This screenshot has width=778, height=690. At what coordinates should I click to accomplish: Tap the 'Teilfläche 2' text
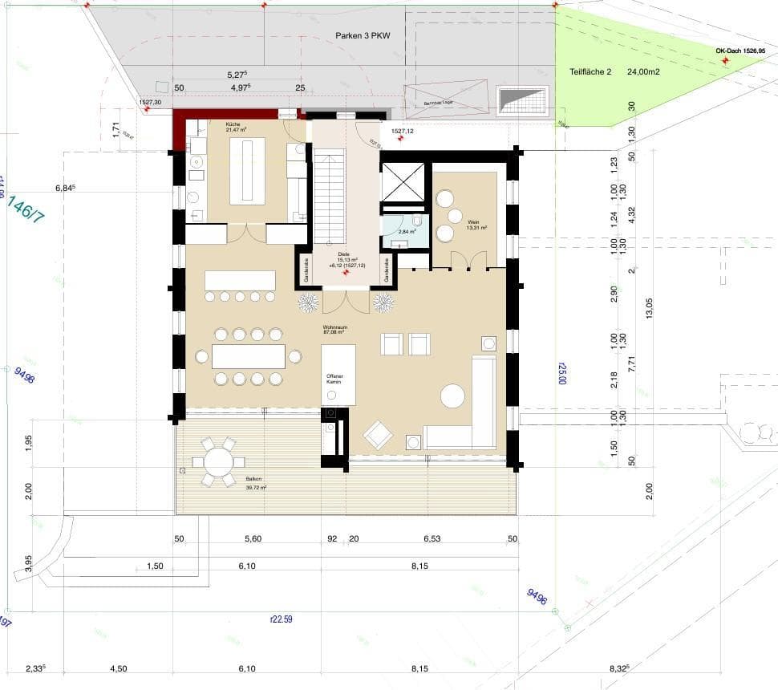click(x=590, y=71)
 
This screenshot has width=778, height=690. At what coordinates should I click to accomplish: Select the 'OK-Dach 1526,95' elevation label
click(x=740, y=51)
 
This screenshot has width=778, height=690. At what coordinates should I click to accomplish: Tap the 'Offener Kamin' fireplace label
click(x=334, y=379)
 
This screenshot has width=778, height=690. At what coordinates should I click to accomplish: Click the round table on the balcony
click(x=217, y=462)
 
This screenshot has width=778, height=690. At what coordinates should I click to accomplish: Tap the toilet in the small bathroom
click(x=416, y=221)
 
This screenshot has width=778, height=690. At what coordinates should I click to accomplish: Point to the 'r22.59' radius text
click(x=282, y=618)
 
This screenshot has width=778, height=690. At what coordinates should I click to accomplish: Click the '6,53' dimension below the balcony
click(x=432, y=539)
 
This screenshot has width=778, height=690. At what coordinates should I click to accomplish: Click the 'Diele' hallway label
click(x=343, y=254)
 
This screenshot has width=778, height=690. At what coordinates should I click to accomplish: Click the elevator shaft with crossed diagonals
click(x=401, y=183)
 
